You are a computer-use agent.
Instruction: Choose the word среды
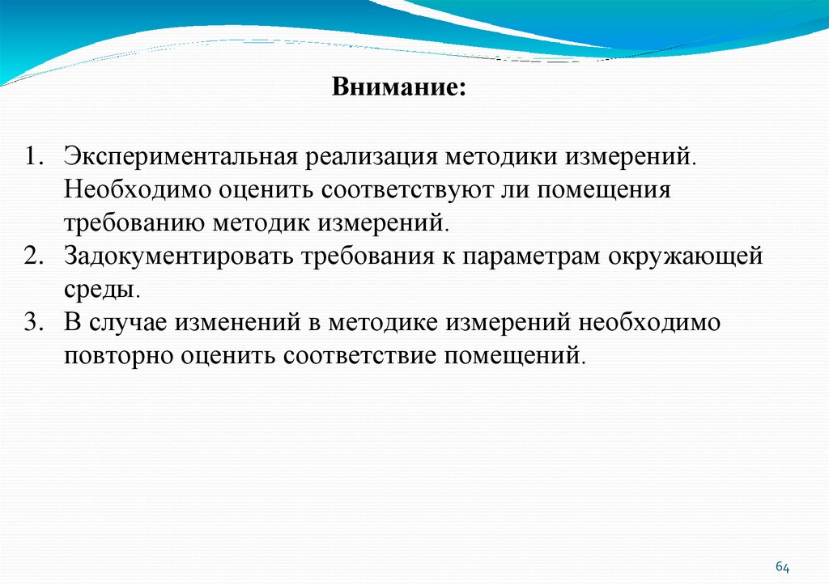tap(101, 289)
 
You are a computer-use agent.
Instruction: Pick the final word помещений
tap(511, 355)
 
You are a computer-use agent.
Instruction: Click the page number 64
tap(782, 567)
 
